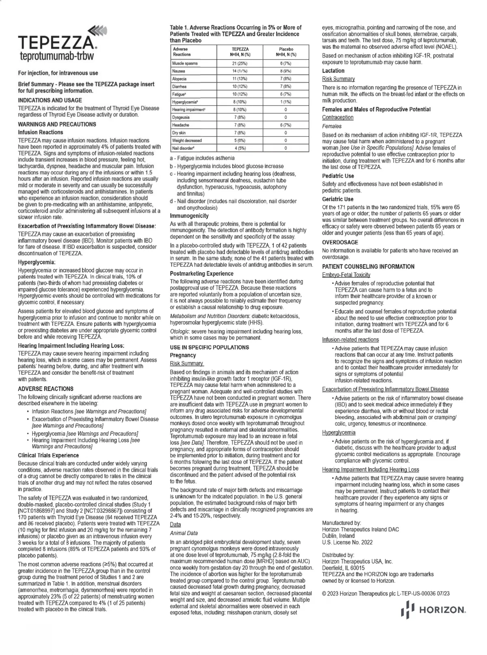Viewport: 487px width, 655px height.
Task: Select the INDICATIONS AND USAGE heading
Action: (x=50, y=100)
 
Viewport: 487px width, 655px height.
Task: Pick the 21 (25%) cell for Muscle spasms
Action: (x=240, y=64)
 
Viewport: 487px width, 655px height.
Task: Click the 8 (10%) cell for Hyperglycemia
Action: (x=240, y=102)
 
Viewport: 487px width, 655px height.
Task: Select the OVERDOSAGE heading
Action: (x=340, y=242)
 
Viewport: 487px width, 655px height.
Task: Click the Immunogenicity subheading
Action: (x=189, y=216)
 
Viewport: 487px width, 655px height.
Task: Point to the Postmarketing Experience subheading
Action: (x=202, y=274)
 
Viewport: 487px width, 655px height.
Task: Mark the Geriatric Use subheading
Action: (x=338, y=199)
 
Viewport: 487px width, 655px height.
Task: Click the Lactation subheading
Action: (x=333, y=71)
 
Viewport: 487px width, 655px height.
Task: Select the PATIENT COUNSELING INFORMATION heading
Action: (x=368, y=267)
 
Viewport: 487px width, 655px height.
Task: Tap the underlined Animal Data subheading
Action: (x=184, y=533)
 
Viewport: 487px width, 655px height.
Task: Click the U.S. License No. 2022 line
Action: (x=347, y=542)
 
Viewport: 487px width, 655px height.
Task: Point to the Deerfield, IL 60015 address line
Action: (x=343, y=568)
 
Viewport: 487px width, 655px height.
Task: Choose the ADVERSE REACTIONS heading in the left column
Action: (x=45, y=389)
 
